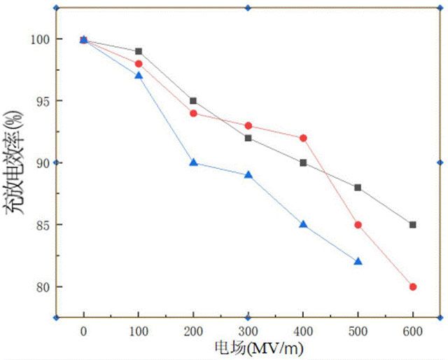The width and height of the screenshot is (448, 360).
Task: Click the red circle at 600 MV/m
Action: click(413, 286)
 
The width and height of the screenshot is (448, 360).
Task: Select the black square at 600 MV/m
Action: click(413, 225)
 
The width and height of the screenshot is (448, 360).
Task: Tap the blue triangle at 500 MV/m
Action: click(358, 261)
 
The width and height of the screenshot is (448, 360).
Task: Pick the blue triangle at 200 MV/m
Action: click(193, 162)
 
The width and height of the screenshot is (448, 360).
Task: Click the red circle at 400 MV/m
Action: click(303, 138)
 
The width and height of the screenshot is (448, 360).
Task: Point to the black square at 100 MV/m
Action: click(139, 51)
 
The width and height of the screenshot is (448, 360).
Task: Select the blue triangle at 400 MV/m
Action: click(303, 224)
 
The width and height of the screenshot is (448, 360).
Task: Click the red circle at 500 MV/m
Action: click(358, 225)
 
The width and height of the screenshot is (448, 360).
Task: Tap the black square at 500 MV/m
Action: click(358, 188)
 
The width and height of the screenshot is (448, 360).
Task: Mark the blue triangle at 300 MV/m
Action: click(248, 174)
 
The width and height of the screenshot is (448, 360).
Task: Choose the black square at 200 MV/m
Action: click(193, 101)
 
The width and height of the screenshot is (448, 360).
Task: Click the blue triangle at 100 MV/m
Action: click(139, 75)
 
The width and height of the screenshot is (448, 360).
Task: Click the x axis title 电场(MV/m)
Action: click(248, 347)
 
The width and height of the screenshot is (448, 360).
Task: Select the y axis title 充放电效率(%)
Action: click(17, 162)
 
